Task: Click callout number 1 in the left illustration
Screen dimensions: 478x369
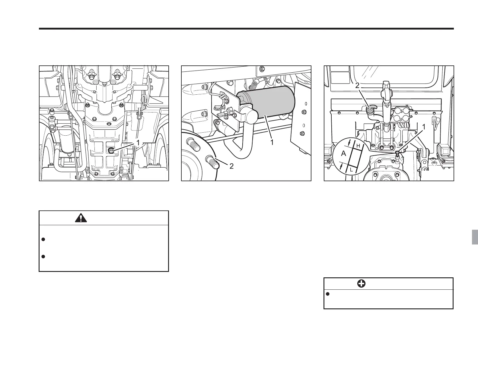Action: (x=138, y=143)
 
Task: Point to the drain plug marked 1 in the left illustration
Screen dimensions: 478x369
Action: (x=111, y=150)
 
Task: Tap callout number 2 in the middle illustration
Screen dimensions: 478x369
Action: (x=231, y=166)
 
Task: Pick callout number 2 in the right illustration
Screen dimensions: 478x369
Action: (x=357, y=86)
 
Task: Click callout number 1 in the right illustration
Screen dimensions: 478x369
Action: (x=424, y=128)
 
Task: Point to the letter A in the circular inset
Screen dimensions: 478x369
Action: (x=343, y=153)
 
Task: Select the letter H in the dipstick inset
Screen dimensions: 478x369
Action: (x=358, y=146)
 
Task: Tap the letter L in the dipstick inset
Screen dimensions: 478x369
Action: (x=352, y=170)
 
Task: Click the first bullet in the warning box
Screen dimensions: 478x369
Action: (x=43, y=239)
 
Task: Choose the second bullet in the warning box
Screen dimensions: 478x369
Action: (x=43, y=257)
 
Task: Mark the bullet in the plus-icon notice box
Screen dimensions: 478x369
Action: (x=328, y=294)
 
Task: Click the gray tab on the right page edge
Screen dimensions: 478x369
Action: (x=475, y=237)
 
